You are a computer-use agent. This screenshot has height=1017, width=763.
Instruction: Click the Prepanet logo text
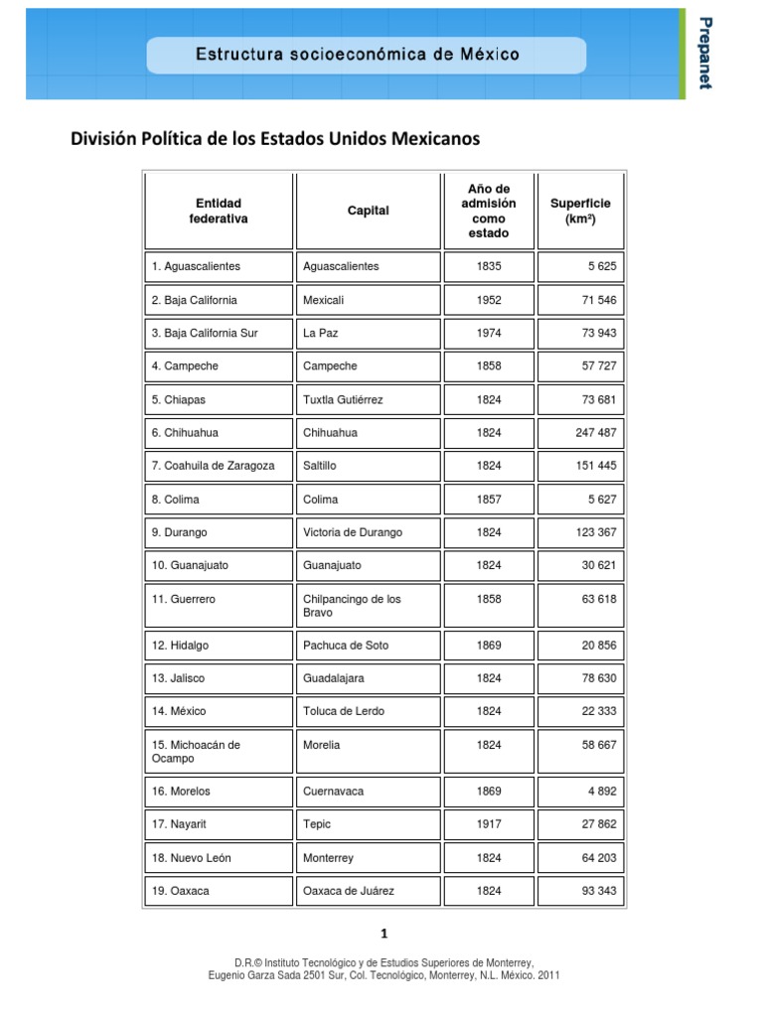[704, 53]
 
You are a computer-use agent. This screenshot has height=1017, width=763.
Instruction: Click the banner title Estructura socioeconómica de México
[357, 54]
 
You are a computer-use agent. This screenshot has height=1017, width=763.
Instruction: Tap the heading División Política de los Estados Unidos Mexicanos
[274, 138]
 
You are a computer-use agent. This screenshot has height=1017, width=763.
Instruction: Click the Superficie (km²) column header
[580, 211]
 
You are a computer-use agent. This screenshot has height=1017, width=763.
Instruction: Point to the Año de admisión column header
[488, 211]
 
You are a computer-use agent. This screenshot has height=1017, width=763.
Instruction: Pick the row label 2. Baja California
[195, 300]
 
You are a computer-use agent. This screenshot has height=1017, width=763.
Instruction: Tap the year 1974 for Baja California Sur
[489, 333]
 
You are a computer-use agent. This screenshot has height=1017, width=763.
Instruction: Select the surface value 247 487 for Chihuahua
[595, 433]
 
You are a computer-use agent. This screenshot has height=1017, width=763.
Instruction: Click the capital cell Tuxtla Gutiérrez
[343, 399]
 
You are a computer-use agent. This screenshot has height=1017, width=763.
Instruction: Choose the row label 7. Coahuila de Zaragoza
[214, 466]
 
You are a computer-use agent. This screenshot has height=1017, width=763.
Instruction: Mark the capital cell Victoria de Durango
[353, 532]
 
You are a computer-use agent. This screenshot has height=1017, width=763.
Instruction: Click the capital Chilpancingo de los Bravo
[352, 606]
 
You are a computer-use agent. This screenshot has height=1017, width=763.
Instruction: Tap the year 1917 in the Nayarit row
[489, 824]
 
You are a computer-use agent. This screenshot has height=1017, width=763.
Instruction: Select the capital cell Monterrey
[328, 858]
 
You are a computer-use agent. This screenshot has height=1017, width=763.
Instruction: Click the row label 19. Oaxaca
[181, 891]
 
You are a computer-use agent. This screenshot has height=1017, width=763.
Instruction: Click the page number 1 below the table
[383, 934]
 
